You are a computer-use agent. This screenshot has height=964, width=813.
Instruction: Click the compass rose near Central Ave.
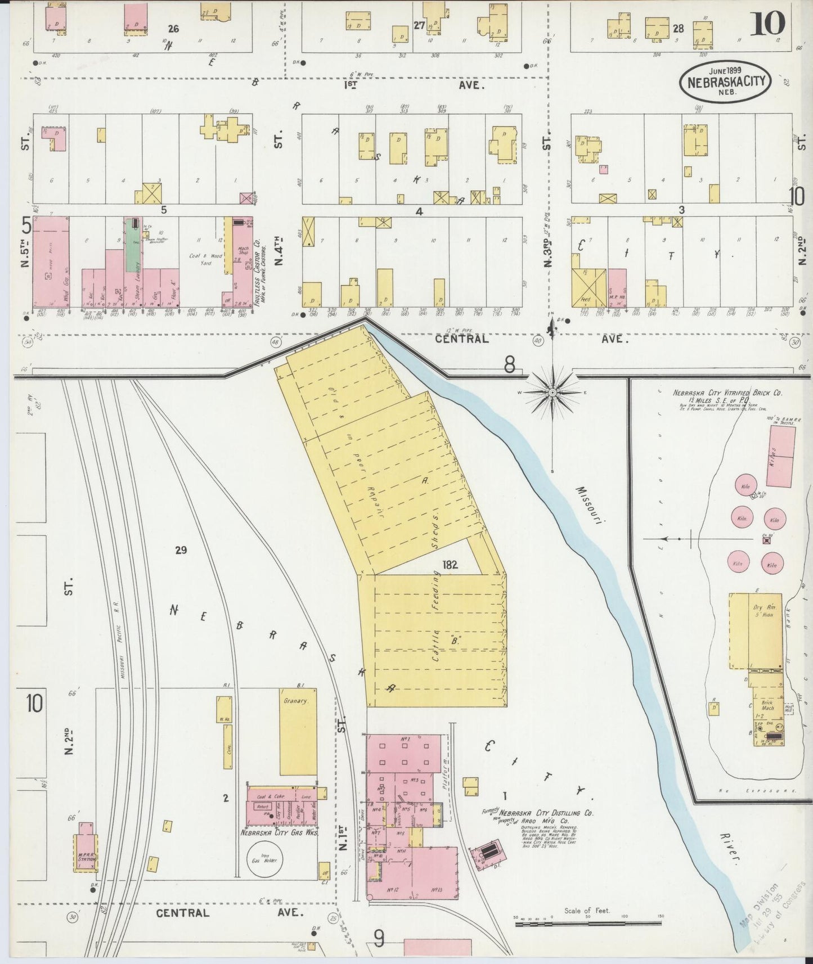coord(552,391)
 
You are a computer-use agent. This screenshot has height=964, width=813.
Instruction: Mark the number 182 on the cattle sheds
coord(450,565)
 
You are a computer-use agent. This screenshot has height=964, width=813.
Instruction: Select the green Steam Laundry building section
coord(133,253)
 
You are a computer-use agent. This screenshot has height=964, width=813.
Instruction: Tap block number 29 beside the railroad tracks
coord(181,550)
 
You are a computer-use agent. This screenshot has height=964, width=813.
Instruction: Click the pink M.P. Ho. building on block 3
coord(617,288)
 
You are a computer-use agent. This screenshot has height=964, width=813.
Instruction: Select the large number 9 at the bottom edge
coord(380,938)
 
